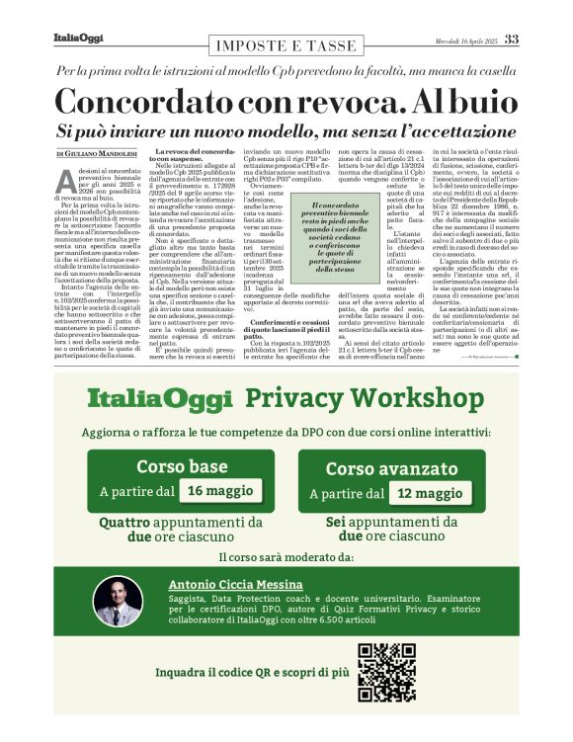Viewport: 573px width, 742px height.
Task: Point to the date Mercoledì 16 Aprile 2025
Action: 465,41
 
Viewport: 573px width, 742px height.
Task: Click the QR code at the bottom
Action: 386,671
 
